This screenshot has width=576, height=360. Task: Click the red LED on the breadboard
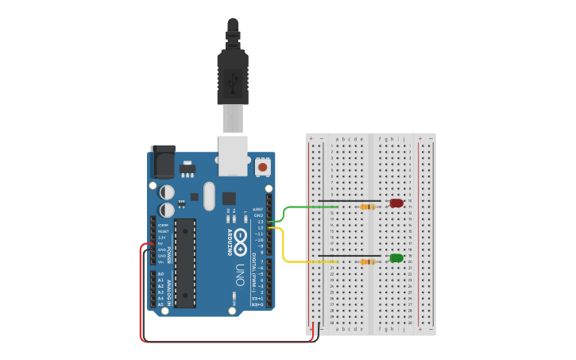[396, 203]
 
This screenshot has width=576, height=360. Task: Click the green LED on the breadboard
[396, 257]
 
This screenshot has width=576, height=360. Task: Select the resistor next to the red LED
[368, 207]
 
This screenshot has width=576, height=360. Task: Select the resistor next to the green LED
[368, 261]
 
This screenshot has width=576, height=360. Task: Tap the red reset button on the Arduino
[262, 167]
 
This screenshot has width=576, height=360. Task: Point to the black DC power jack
[163, 162]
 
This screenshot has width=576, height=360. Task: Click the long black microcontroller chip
[185, 262]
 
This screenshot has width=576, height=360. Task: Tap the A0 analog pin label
[160, 274]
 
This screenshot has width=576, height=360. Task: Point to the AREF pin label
[257, 210]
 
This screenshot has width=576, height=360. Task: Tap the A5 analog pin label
[160, 304]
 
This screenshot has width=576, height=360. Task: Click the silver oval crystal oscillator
[209, 195]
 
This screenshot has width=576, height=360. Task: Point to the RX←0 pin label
[257, 304]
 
